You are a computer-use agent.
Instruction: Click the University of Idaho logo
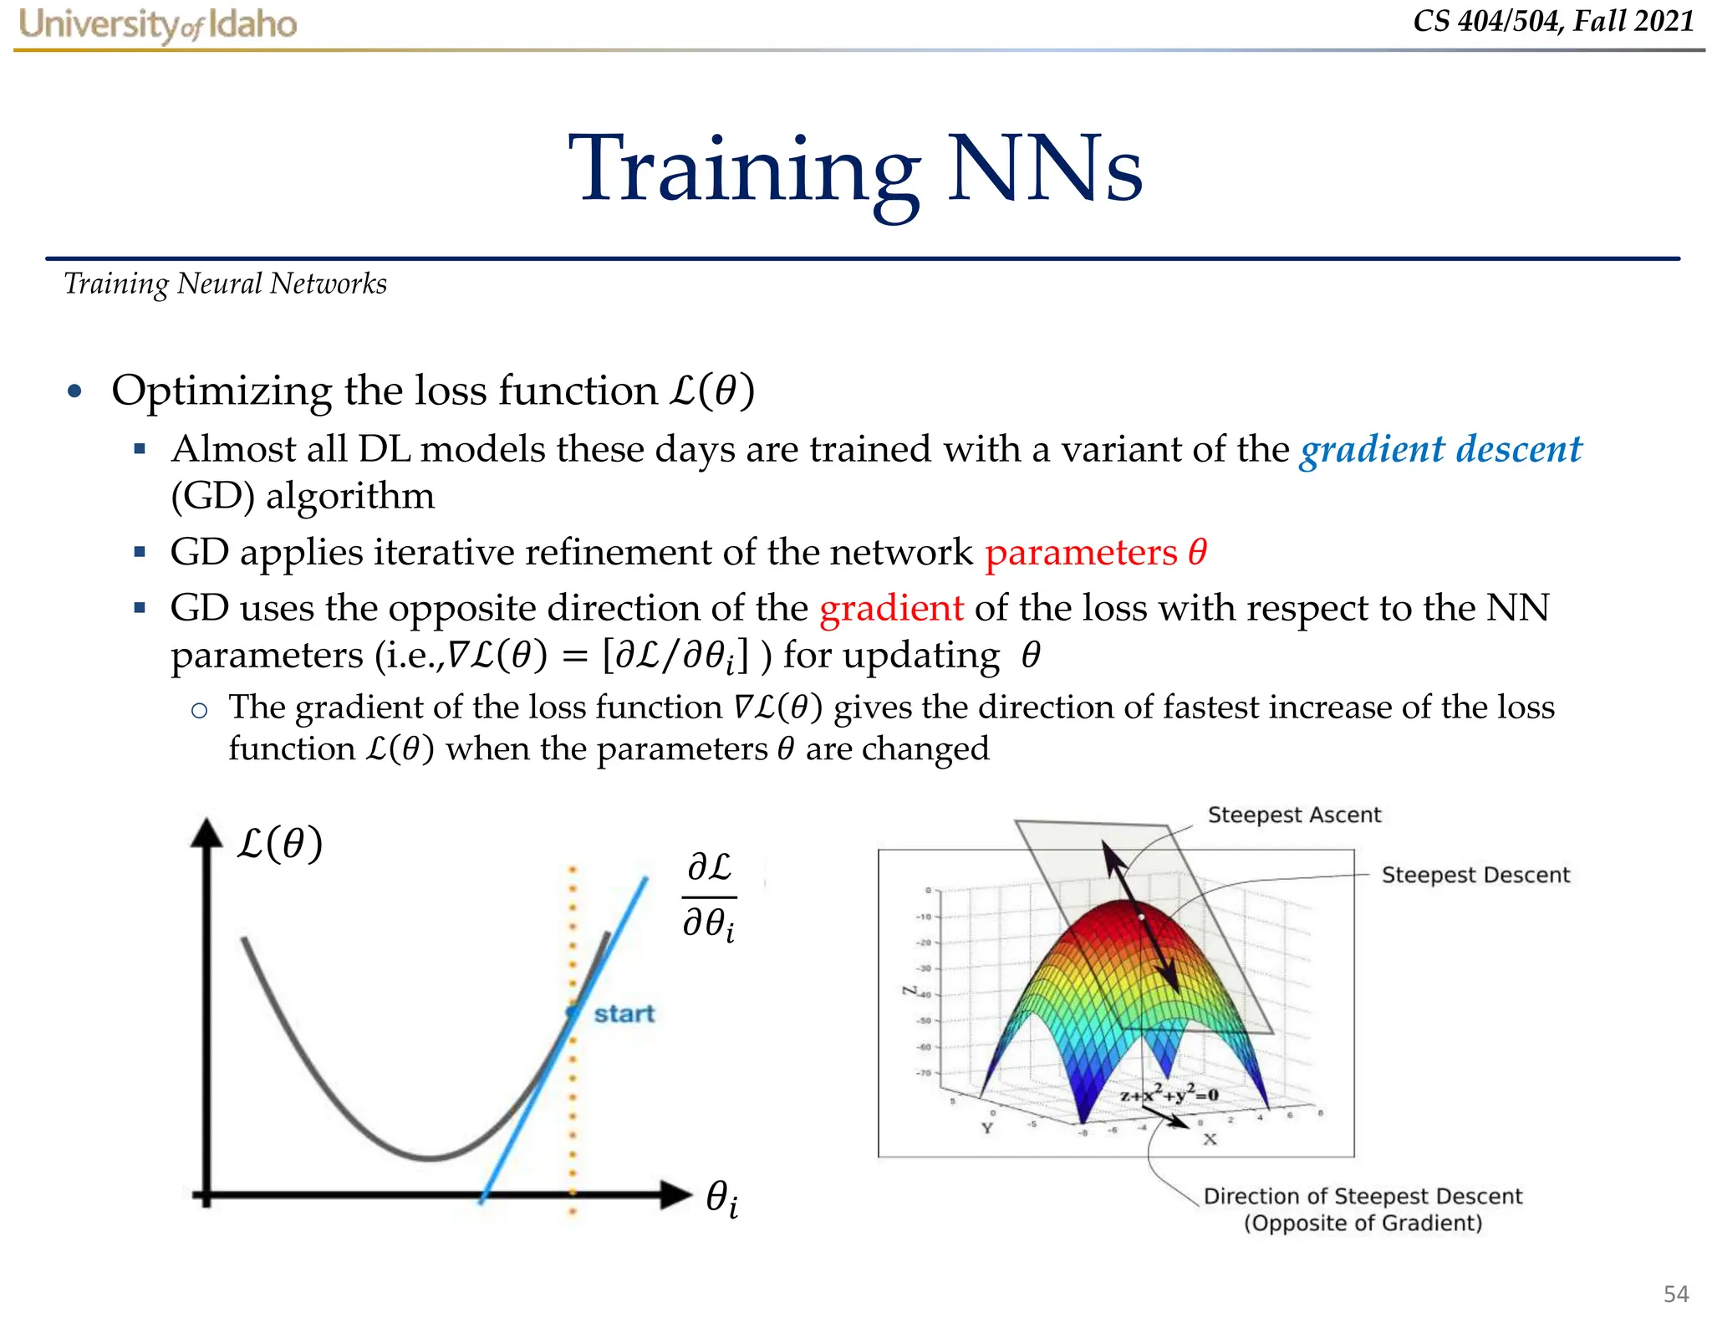click(158, 25)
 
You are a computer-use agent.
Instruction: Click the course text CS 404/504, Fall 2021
click(1553, 21)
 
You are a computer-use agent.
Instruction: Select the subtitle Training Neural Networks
click(226, 284)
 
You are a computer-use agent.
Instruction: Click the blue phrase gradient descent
click(1440, 450)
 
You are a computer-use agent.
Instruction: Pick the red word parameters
click(1081, 553)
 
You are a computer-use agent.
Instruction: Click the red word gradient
click(891, 608)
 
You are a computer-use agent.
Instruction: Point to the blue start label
click(624, 1014)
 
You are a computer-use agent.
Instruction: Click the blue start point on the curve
click(573, 1013)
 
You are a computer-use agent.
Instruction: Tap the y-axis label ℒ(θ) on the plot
click(279, 844)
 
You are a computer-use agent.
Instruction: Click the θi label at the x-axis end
click(721, 1198)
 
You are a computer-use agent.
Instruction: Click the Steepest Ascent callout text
click(1294, 815)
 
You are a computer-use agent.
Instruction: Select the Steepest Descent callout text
click(1475, 876)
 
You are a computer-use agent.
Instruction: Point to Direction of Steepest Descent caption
click(1363, 1209)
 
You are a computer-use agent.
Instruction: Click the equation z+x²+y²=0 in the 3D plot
click(1169, 1095)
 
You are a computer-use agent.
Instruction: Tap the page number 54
click(1675, 1295)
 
